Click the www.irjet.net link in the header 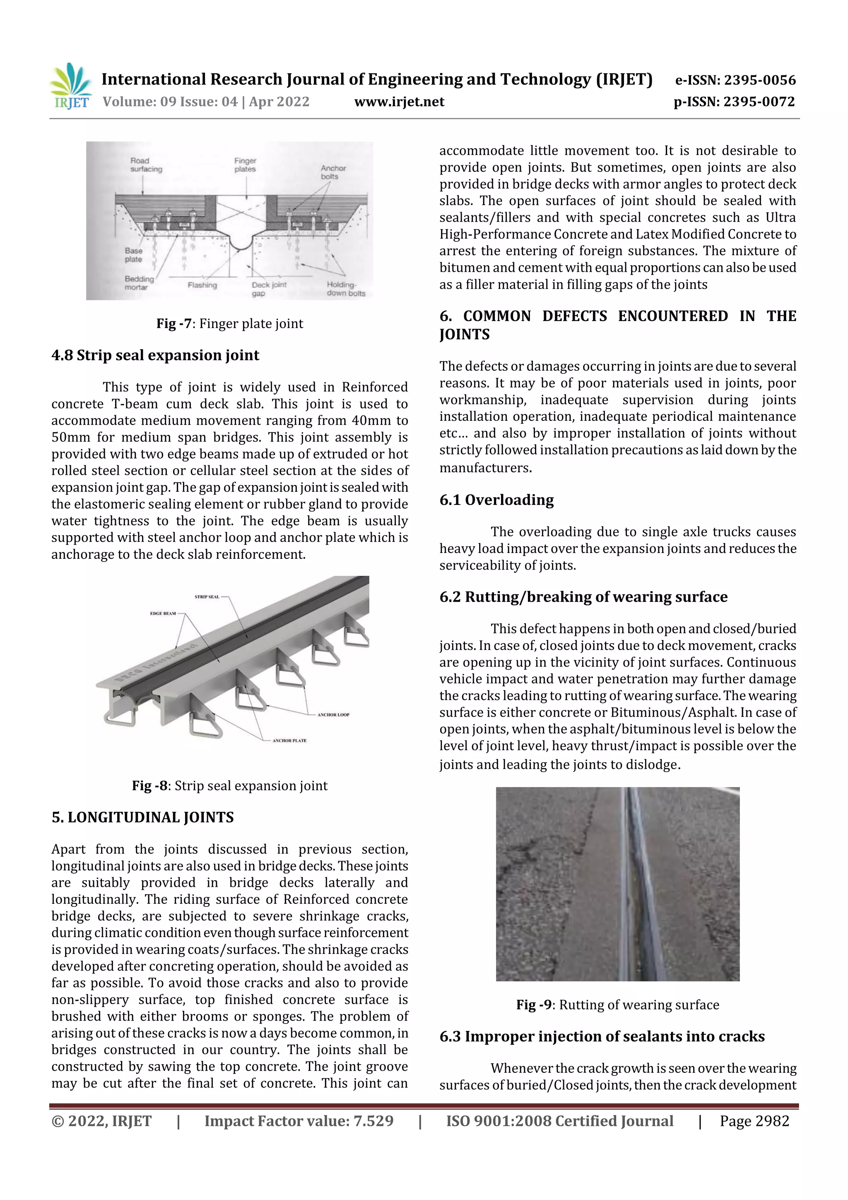click(399, 102)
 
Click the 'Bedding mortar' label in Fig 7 click(139, 283)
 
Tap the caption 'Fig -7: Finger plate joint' click(229, 324)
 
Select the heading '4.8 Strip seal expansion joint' click(155, 355)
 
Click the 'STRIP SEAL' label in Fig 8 click(207, 597)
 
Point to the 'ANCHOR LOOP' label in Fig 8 click(333, 715)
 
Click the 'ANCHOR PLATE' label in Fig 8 click(289, 741)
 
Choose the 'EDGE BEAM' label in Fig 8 click(163, 613)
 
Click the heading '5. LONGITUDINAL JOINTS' click(142, 817)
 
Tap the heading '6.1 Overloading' click(496, 500)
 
